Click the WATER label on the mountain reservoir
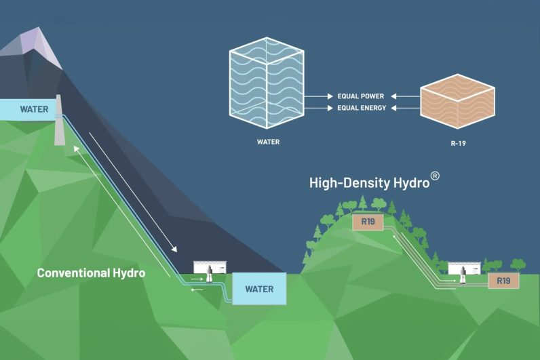tap(34, 108)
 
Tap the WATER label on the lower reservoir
tap(259, 289)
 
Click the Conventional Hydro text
tap(92, 273)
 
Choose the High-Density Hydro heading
tap(369, 182)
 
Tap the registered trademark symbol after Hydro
tap(436, 176)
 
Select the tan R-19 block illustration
tap(457, 102)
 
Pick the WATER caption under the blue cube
tap(269, 142)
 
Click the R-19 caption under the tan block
tap(457, 142)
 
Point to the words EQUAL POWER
tap(361, 96)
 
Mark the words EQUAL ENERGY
tap(361, 107)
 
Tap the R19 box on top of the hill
tap(368, 221)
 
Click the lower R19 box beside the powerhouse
tap(503, 280)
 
